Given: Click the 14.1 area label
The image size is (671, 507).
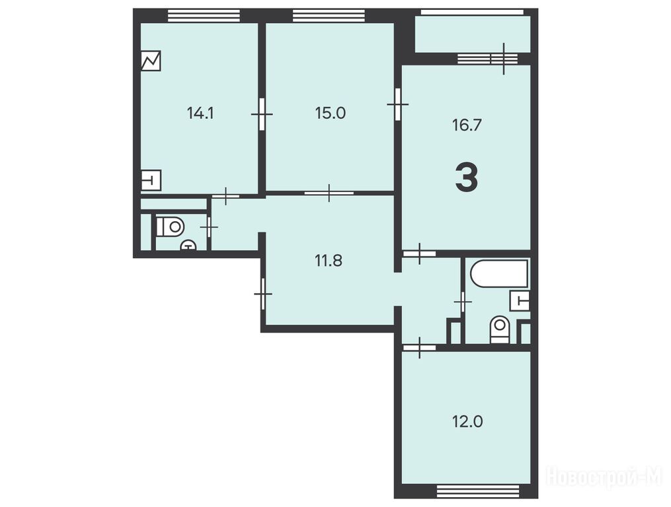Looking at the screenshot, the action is (x=200, y=114).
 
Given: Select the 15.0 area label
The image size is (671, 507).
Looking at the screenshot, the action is (x=331, y=114).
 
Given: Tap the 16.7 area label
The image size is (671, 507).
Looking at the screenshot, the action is (x=467, y=125).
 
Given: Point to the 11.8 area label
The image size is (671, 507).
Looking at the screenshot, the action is (x=329, y=260).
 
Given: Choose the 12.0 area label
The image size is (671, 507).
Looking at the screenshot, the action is (x=467, y=422).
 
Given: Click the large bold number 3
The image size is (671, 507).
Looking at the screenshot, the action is (x=467, y=178).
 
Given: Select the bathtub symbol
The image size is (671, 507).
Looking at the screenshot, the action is (x=499, y=273).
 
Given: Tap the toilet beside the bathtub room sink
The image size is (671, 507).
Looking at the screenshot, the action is (x=500, y=329).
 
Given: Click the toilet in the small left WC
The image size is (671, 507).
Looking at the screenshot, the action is (x=171, y=226).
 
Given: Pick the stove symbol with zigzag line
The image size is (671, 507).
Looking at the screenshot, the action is (x=151, y=61).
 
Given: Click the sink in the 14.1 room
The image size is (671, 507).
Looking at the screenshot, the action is (x=151, y=180).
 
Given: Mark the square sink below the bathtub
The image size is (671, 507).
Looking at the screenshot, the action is (x=520, y=301).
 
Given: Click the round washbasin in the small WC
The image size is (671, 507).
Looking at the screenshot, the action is (x=188, y=245).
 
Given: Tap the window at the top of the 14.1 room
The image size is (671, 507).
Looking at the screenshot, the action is (x=203, y=15).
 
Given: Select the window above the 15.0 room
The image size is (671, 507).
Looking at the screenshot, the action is (x=329, y=15).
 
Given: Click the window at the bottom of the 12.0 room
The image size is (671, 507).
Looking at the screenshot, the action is (x=478, y=491).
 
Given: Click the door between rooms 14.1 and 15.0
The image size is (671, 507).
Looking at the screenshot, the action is (x=262, y=114).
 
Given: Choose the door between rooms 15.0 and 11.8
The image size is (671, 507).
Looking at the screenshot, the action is (x=329, y=193).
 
